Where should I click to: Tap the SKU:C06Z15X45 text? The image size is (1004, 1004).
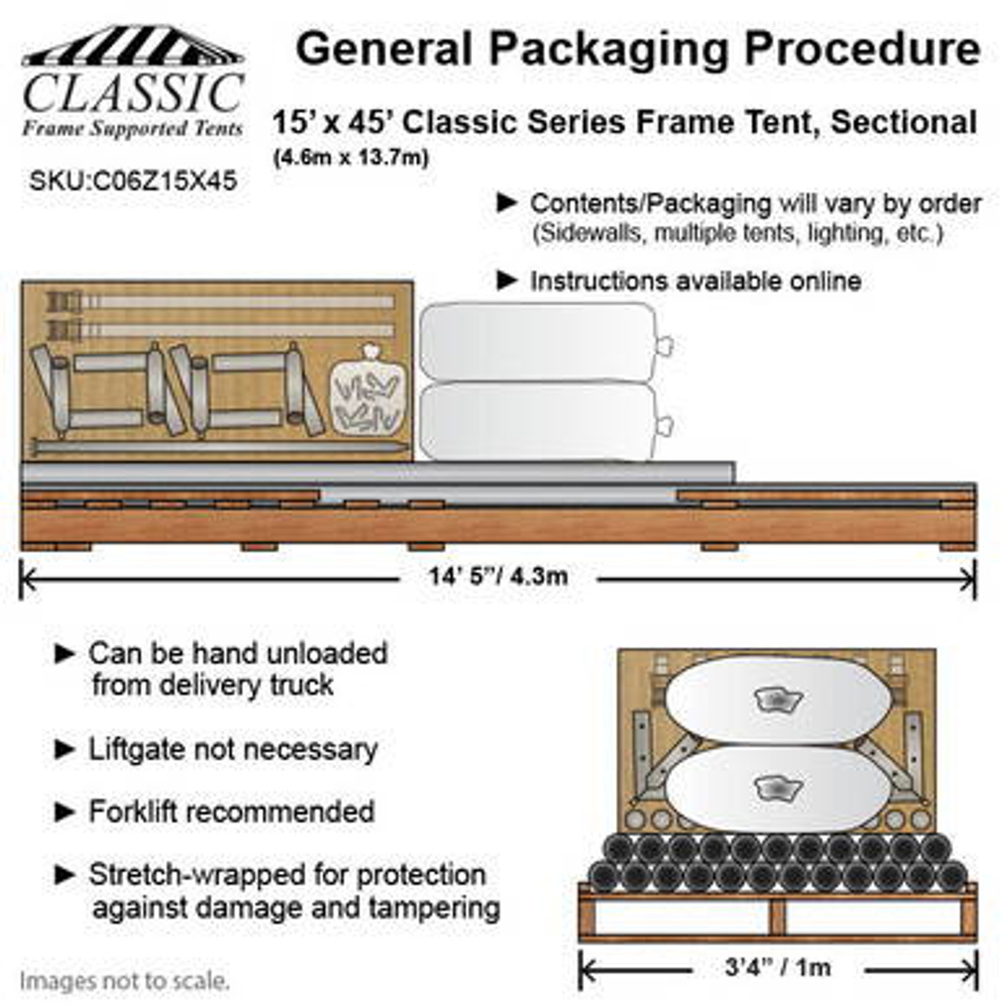tap(133, 181)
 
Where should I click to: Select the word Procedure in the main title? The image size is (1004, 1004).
tap(862, 49)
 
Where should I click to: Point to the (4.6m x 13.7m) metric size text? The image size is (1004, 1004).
tap(351, 158)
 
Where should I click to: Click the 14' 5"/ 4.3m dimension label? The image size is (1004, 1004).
tap(498, 577)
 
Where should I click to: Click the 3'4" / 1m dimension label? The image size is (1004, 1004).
tap(778, 967)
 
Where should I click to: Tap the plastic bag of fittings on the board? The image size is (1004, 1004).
tap(368, 392)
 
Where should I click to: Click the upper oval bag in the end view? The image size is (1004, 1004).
tap(777, 700)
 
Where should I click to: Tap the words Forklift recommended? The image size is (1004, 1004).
tap(231, 812)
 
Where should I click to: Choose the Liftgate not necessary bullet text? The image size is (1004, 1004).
tap(233, 749)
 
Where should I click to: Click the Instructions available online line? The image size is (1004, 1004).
tap(696, 281)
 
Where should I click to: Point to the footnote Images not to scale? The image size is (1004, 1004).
tap(125, 980)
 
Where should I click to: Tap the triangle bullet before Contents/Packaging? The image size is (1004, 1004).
tap(507, 203)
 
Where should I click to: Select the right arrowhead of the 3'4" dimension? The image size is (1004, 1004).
tap(973, 970)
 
